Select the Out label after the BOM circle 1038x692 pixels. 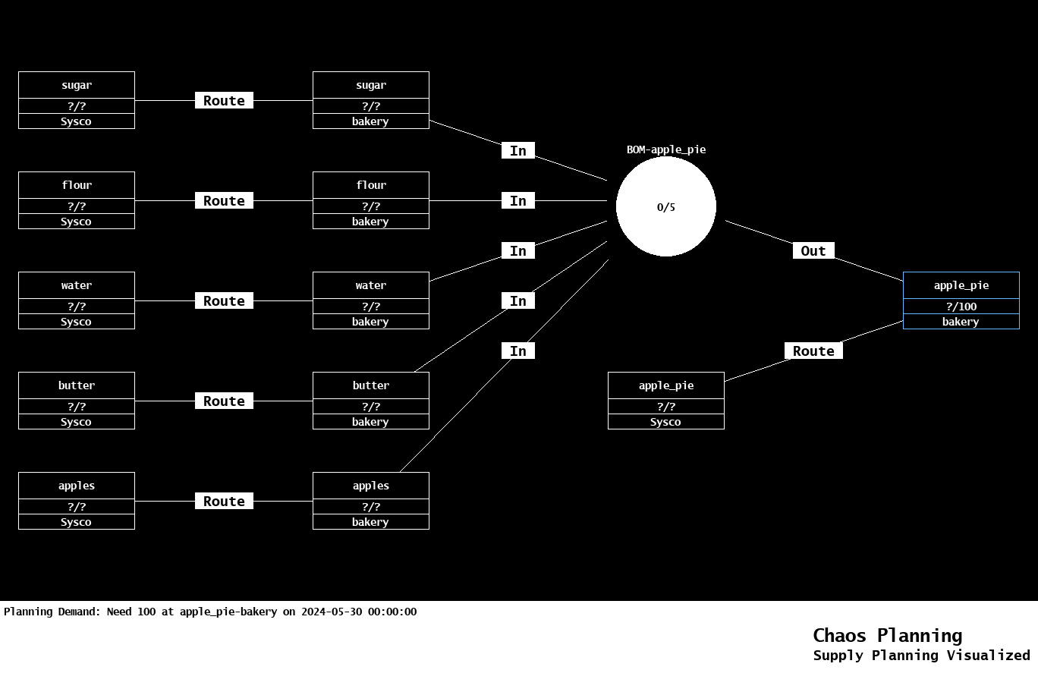[813, 251]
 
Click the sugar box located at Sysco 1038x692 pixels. [77, 100]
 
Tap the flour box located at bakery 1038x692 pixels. [371, 200]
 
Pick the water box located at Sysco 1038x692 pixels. [77, 300]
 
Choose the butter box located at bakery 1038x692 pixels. [371, 401]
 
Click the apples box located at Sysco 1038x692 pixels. [77, 501]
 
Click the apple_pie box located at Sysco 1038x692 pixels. [666, 401]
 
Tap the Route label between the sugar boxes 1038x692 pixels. [224, 101]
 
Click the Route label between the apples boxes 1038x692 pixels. [224, 502]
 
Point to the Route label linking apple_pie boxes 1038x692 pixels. [813, 351]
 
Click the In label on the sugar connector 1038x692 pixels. [518, 151]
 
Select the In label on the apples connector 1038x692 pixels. [518, 351]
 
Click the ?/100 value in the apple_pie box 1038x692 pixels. [961, 307]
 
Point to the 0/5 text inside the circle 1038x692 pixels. [666, 207]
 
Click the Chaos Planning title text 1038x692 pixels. [887, 636]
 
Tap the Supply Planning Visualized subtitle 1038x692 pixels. [921, 656]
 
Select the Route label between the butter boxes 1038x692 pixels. [224, 401]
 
